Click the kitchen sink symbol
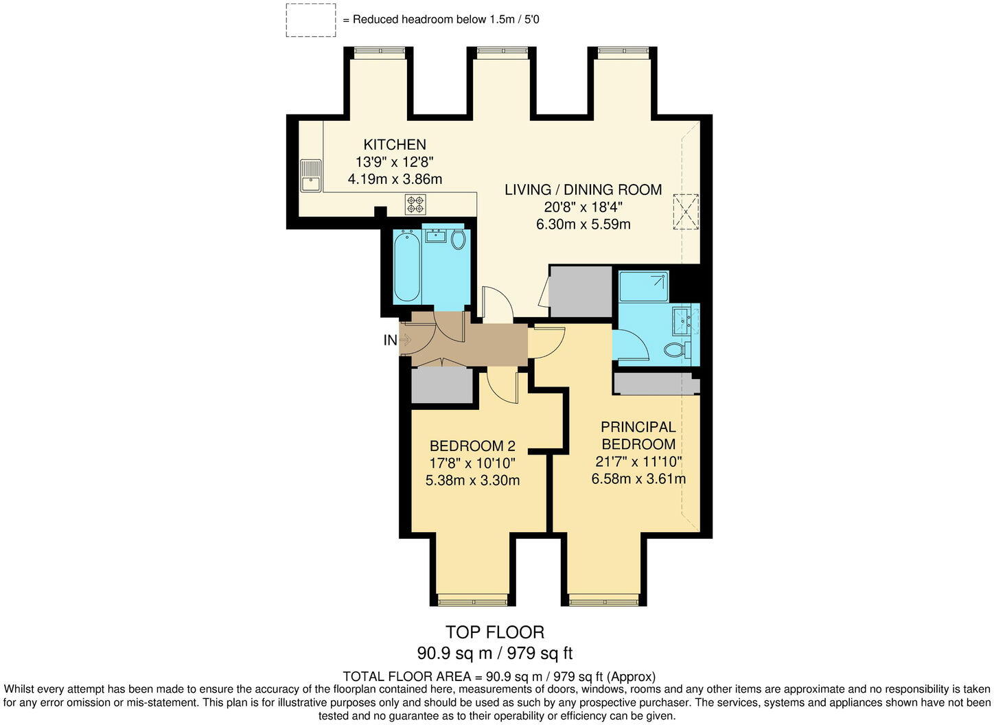tap(310, 175)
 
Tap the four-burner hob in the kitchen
tap(415, 205)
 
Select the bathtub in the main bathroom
tap(406, 266)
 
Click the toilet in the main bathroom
tap(458, 239)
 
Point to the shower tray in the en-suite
tap(643, 286)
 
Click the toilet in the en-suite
tap(677, 349)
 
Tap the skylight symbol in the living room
tap(685, 211)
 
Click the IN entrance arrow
tap(404, 340)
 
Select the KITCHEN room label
tap(395, 145)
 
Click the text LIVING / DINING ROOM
tap(583, 189)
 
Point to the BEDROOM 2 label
tap(472, 446)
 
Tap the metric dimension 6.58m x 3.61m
tap(638, 479)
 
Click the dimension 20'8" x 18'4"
tap(583, 207)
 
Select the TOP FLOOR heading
tap(494, 632)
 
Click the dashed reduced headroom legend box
tap(311, 20)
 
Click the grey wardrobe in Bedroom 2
tap(442, 386)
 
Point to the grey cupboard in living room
tap(581, 292)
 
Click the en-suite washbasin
tap(684, 321)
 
